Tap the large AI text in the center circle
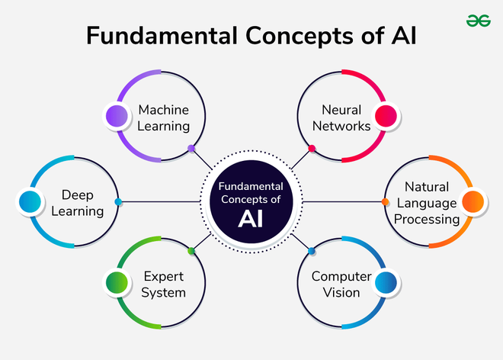251,220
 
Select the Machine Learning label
163,117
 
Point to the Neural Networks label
335,117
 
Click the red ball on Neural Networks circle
386,116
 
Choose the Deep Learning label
82,202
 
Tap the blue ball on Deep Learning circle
29,202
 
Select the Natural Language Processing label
426,202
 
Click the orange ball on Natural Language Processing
473,202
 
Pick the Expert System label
163,284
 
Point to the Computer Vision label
341,284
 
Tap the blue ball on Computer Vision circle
386,283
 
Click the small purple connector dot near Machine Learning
191,148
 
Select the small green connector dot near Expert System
191,251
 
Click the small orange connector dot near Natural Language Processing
385,202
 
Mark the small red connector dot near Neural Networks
312,148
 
